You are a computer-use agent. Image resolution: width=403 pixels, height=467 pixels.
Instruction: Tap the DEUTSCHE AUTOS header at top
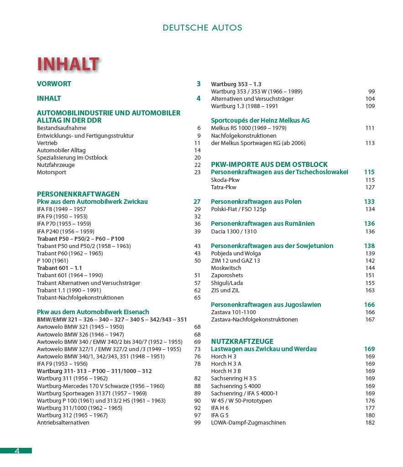[202, 28]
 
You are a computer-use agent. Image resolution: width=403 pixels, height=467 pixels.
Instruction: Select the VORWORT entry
[54, 84]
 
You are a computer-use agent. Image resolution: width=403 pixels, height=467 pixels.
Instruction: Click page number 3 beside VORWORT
[199, 84]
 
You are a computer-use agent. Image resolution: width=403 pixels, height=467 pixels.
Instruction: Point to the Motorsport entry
[52, 172]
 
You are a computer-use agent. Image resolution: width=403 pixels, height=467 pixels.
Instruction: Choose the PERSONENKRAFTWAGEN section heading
[78, 194]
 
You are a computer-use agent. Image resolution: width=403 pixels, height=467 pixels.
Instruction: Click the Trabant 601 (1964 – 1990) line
[70, 275]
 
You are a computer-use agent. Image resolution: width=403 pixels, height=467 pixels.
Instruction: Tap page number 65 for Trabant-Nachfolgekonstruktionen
[197, 298]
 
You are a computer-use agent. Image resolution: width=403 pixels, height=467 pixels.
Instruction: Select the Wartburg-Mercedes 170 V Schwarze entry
[100, 386]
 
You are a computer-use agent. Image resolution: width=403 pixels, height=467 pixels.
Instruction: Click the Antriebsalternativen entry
[63, 423]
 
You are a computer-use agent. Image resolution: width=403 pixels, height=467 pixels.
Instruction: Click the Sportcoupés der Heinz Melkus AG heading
[260, 120]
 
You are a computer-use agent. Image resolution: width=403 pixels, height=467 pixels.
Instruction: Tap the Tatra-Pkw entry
[224, 187]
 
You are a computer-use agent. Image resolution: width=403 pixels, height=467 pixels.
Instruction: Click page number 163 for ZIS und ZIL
[370, 291]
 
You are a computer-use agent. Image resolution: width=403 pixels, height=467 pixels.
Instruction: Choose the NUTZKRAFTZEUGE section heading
[242, 341]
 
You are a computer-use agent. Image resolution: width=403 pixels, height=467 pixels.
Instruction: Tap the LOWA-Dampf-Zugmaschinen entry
[248, 423]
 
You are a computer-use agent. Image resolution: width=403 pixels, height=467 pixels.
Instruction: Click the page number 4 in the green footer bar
[16, 451]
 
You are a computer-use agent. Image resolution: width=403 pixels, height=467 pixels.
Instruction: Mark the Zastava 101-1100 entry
[233, 312]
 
